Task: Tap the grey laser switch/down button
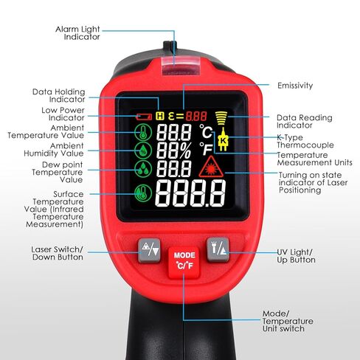point(149,250)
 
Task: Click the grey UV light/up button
point(218,249)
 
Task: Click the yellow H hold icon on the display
point(160,116)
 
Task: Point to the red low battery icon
point(144,117)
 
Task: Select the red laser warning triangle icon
point(211,167)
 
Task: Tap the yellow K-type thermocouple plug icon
point(223,139)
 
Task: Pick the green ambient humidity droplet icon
point(143,150)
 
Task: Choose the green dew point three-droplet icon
point(143,169)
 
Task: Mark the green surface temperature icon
point(143,193)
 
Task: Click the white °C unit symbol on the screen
point(207,131)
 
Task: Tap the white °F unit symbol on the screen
point(206,149)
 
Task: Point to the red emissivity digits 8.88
point(196,116)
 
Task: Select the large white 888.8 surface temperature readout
point(191,193)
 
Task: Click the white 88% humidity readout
point(174,150)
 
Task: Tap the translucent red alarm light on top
point(181,66)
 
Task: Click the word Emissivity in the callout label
point(295,86)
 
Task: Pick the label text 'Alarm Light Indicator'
point(77,33)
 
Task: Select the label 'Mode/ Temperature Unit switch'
point(288,321)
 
